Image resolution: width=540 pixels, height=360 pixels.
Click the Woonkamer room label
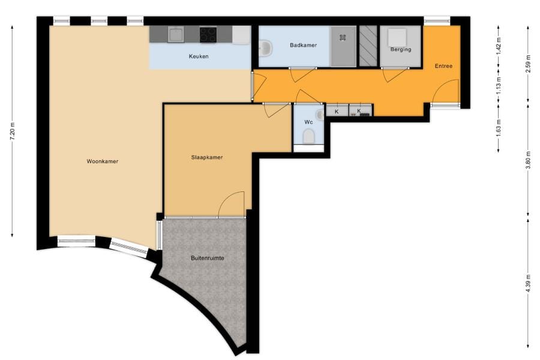pos(102,161)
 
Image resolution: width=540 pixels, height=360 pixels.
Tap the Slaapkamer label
pos(207,157)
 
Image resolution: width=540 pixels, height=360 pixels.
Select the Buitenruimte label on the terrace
pos(208,258)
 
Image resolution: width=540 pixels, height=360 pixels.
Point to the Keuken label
pos(199,56)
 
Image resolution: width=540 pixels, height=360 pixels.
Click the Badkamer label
pos(303,45)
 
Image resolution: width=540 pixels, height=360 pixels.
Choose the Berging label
pos(401,49)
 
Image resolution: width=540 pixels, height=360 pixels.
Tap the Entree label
pos(443,66)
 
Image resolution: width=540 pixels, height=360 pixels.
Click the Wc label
pos(308,122)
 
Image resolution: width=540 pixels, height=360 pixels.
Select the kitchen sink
pos(176,34)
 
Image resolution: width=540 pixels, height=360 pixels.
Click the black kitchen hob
pos(208,35)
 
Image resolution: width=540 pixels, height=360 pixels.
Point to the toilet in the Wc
pos(308,136)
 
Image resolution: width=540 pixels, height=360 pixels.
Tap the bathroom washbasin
pos(265,47)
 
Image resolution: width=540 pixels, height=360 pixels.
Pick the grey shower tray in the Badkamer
pos(343,46)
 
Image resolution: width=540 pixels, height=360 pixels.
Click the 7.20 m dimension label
pos(13,131)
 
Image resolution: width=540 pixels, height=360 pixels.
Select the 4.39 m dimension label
pos(528,283)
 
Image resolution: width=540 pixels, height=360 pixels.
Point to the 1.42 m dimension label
pos(499,44)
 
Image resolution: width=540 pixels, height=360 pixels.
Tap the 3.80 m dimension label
pos(528,160)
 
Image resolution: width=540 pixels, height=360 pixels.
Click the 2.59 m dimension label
pos(528,64)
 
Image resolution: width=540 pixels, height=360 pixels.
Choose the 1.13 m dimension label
pos(499,85)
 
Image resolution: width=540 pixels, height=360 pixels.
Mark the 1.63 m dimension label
pos(499,128)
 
